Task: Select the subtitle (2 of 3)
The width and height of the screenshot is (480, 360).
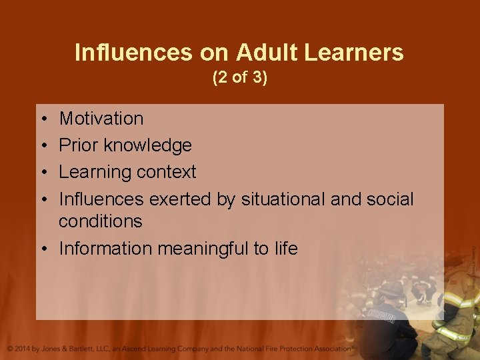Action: [x=239, y=77]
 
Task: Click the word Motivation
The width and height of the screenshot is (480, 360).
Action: [x=101, y=119]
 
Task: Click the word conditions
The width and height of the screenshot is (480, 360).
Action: [x=101, y=221]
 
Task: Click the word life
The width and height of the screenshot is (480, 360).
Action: [x=285, y=249]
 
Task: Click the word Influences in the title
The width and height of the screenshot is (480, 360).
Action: [x=117, y=52]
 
